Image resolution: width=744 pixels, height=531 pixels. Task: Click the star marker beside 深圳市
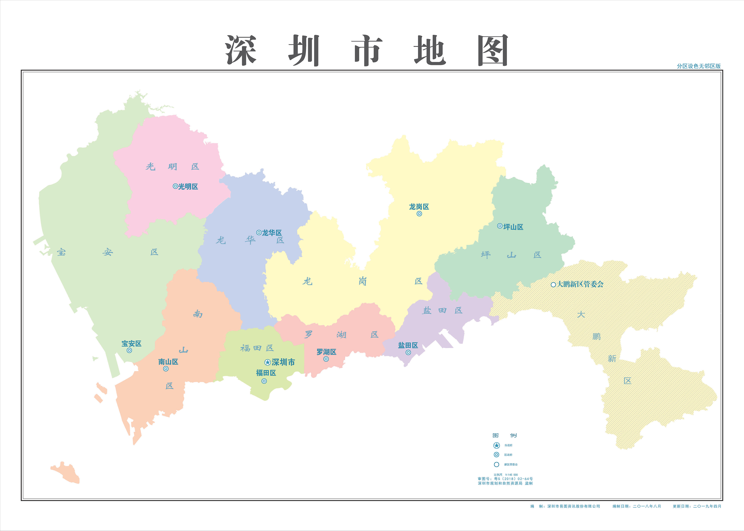click(268, 362)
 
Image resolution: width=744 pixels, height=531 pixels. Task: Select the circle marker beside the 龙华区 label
click(259, 233)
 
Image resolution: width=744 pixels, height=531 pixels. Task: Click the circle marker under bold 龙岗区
click(419, 214)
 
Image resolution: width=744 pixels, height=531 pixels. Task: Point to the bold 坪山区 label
click(513, 227)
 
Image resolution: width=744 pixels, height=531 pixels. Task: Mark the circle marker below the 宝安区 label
click(129, 351)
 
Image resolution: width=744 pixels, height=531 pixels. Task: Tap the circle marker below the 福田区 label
click(264, 381)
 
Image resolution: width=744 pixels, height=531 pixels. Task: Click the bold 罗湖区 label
click(326, 352)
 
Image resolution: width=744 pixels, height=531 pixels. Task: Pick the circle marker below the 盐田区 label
click(408, 352)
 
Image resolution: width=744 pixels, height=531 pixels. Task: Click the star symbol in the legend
click(496, 445)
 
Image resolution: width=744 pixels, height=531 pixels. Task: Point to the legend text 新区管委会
click(511, 464)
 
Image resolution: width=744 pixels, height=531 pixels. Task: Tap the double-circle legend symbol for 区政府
click(496, 454)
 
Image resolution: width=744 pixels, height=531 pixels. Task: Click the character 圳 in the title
click(304, 51)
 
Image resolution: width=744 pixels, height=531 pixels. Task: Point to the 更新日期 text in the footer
click(697, 506)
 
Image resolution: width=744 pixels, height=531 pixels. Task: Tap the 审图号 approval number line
click(505, 479)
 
